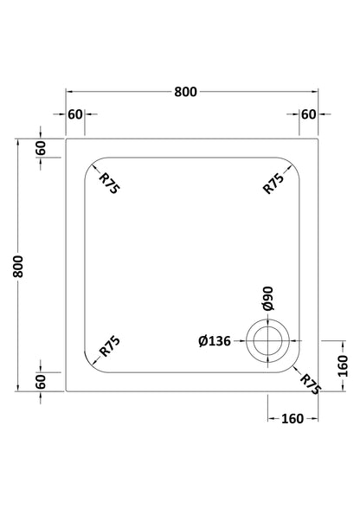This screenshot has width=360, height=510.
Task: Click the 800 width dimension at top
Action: (x=185, y=92)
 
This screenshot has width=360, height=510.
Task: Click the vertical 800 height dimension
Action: (x=18, y=267)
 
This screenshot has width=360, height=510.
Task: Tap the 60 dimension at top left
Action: (x=75, y=114)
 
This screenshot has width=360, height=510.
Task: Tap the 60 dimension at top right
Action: (x=308, y=114)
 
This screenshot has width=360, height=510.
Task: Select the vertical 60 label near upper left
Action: (x=41, y=148)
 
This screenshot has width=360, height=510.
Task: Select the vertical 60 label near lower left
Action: (x=41, y=382)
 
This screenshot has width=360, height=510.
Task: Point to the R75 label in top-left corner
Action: (x=109, y=184)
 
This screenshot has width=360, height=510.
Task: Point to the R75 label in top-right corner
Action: (x=273, y=184)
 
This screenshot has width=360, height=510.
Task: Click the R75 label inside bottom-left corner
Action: (x=110, y=346)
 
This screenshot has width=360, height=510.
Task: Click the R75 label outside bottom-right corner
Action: (x=311, y=384)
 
